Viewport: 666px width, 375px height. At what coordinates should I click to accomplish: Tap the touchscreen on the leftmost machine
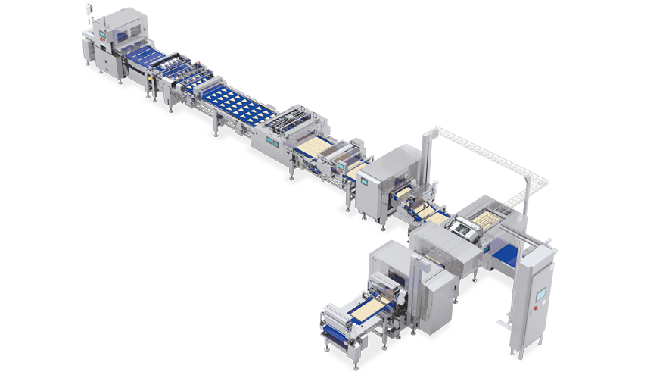102,35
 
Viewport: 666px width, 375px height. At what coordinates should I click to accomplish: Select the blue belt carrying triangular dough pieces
235,102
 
